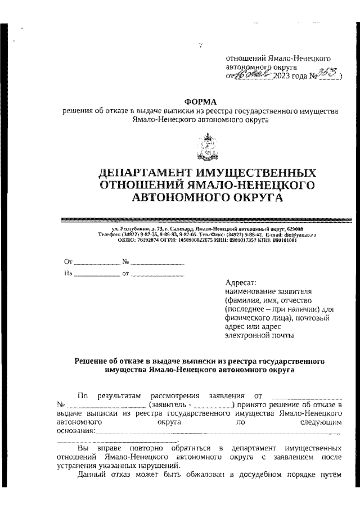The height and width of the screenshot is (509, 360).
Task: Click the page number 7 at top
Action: pos(200,46)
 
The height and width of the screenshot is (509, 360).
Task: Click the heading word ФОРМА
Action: pos(200,102)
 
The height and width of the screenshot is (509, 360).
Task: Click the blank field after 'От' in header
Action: pos(97,263)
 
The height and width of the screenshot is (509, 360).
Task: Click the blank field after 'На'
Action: pos(97,274)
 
